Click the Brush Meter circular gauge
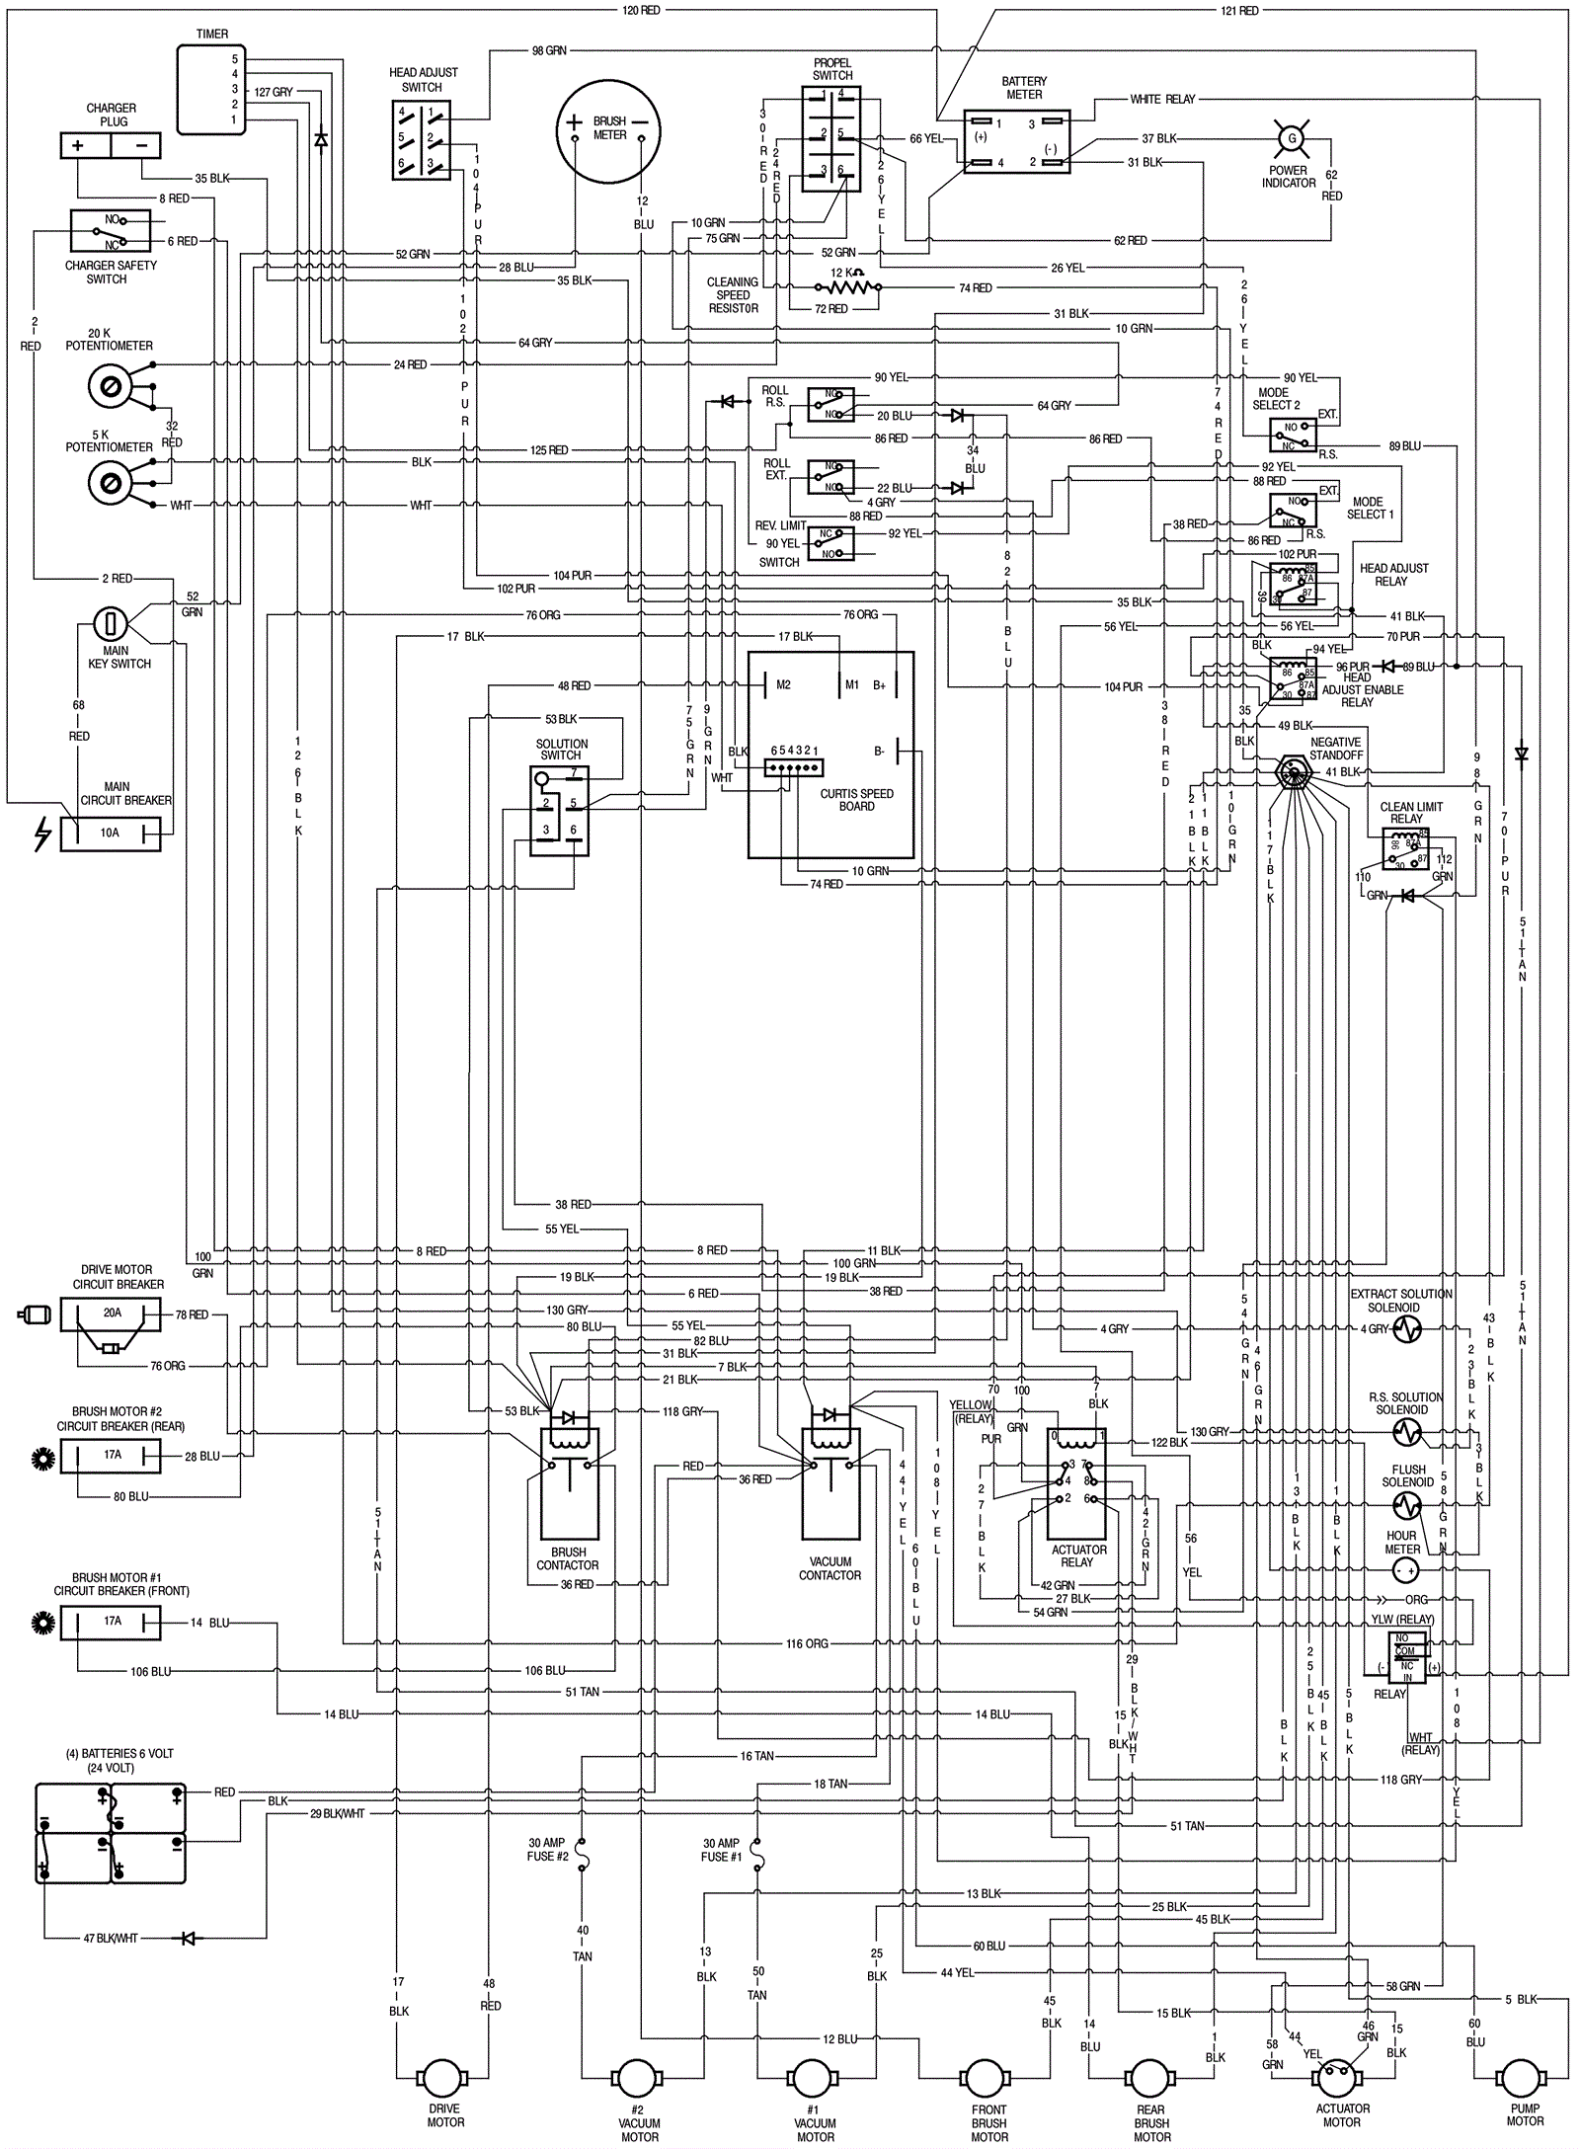tap(608, 131)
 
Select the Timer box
tap(211, 89)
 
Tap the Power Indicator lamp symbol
tap(1289, 139)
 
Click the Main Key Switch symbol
tap(111, 623)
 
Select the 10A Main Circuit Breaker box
tap(110, 833)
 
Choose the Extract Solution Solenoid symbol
tap(1406, 1329)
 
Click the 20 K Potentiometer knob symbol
tap(111, 385)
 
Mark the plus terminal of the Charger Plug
tap(78, 145)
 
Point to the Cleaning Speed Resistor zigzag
tap(847, 287)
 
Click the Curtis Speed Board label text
tap(856, 800)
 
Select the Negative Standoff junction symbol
tap(1289, 770)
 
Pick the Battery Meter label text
tap(1024, 88)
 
